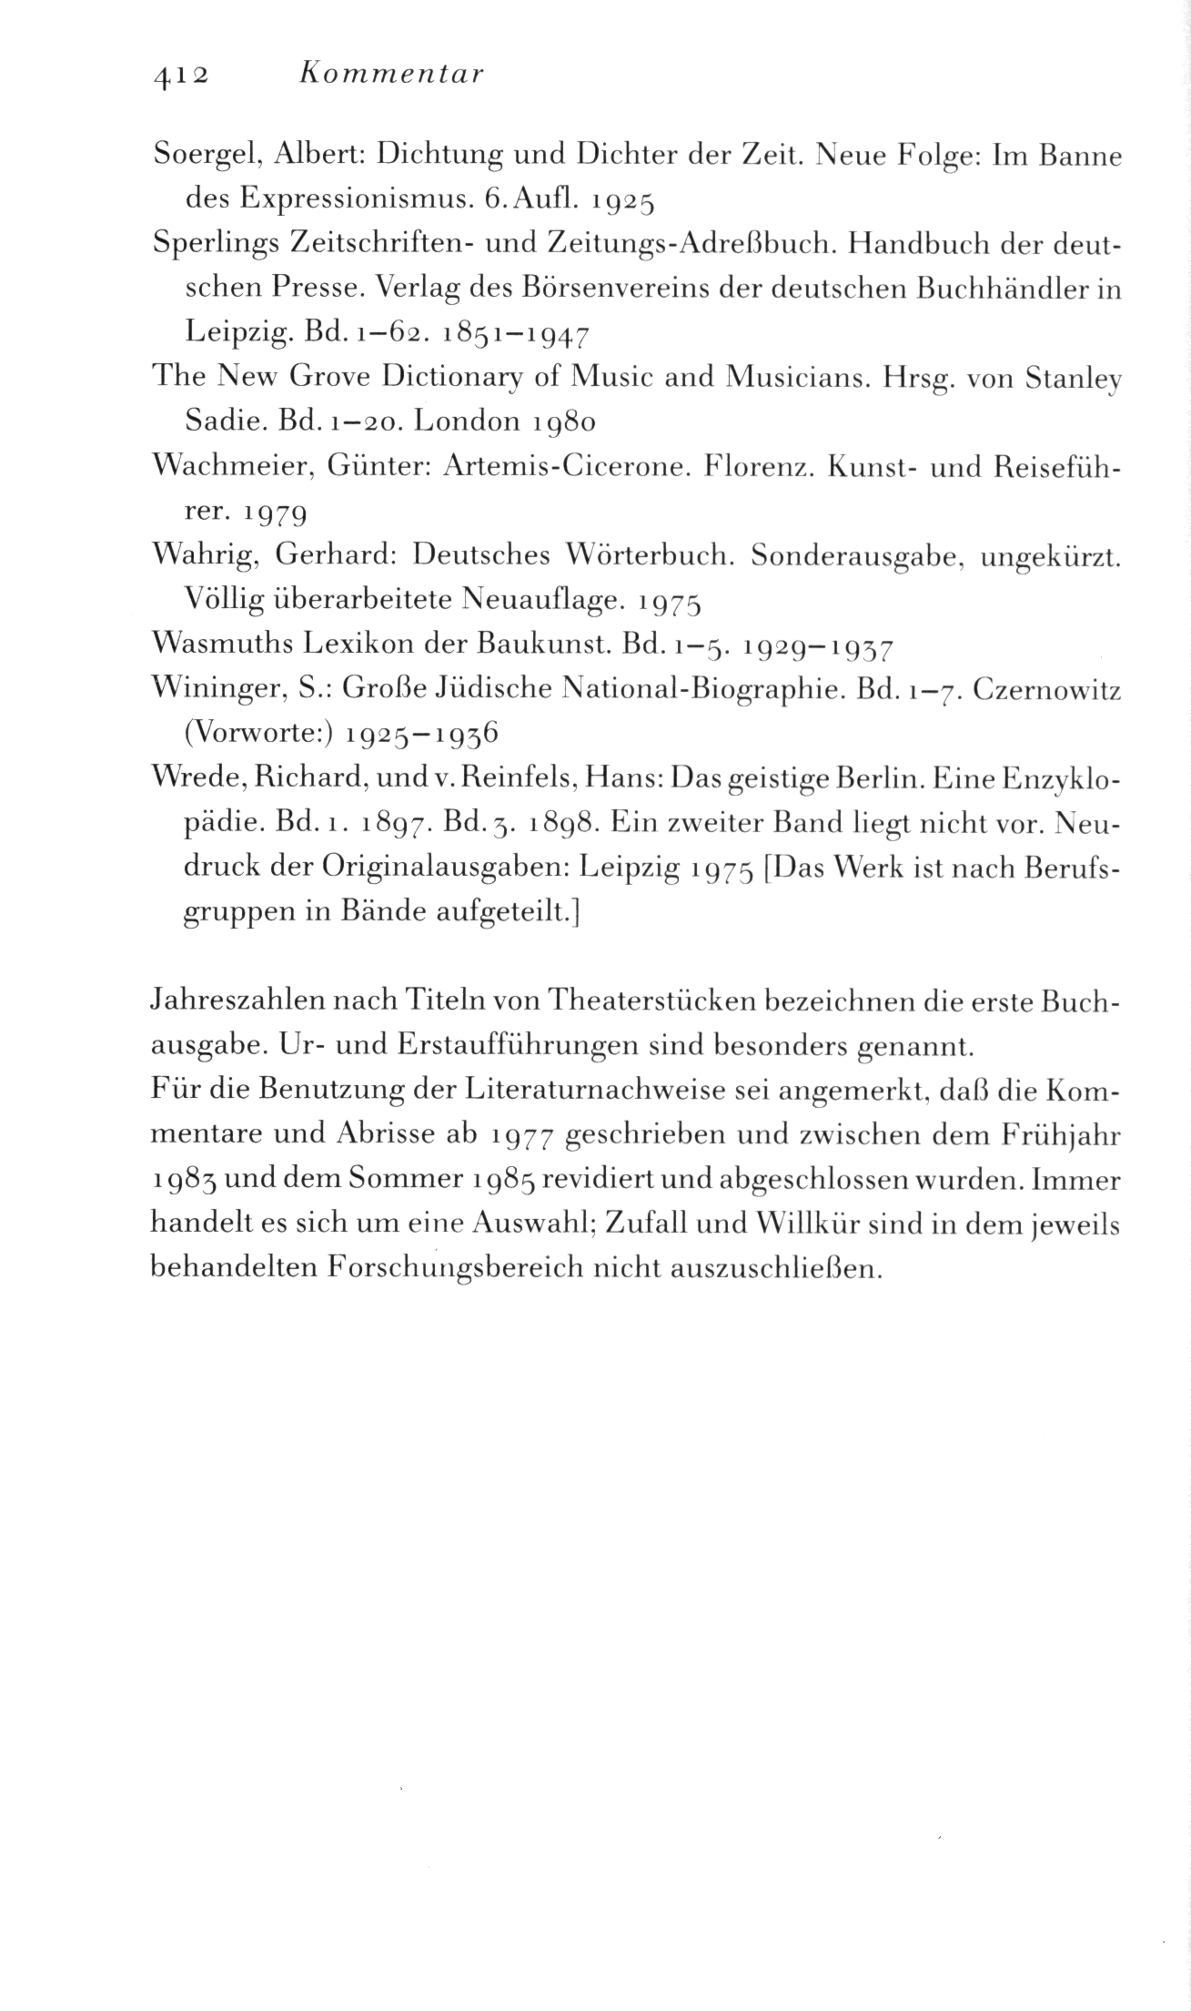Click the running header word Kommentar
[x=390, y=74]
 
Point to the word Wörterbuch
[x=650, y=555]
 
